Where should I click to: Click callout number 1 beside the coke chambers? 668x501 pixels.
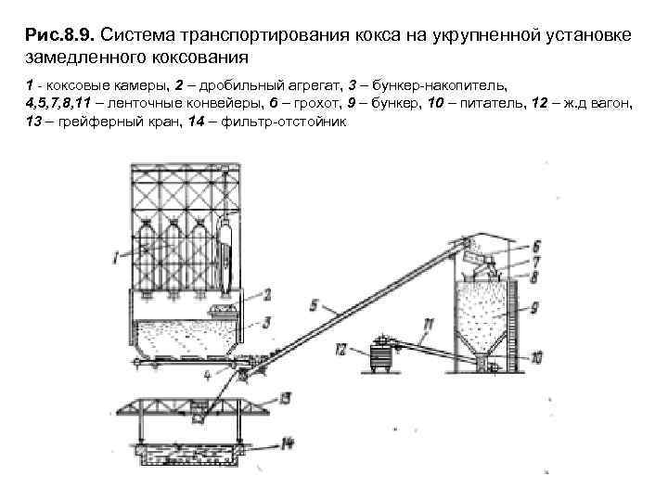click(113, 252)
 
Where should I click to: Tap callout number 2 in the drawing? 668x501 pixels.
click(266, 295)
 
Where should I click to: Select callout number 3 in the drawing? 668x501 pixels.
click(266, 322)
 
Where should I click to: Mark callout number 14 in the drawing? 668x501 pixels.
click(288, 443)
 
